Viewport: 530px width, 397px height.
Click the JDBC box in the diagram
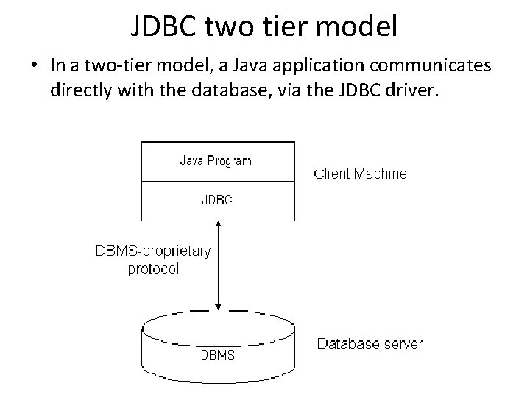point(216,199)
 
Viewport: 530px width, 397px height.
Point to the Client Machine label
point(360,174)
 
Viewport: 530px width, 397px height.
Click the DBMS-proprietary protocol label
point(153,260)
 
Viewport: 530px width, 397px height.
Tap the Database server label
point(370,343)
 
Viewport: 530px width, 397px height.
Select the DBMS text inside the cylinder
point(218,355)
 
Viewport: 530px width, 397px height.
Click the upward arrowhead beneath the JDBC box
point(219,224)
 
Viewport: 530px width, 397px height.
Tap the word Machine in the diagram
point(381,174)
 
